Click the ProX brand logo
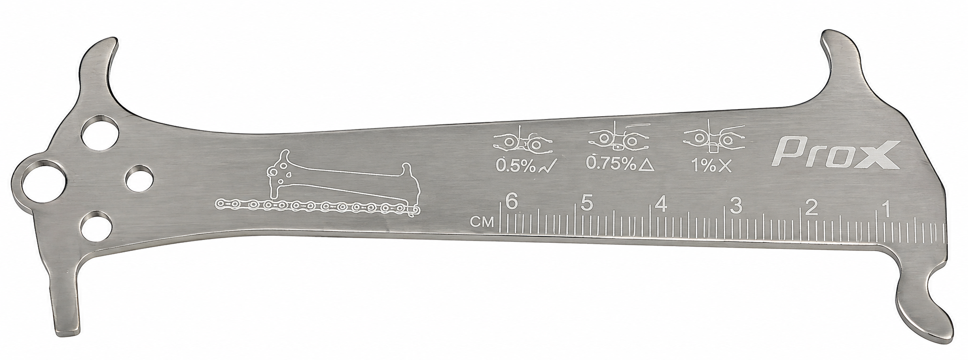point(838,154)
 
